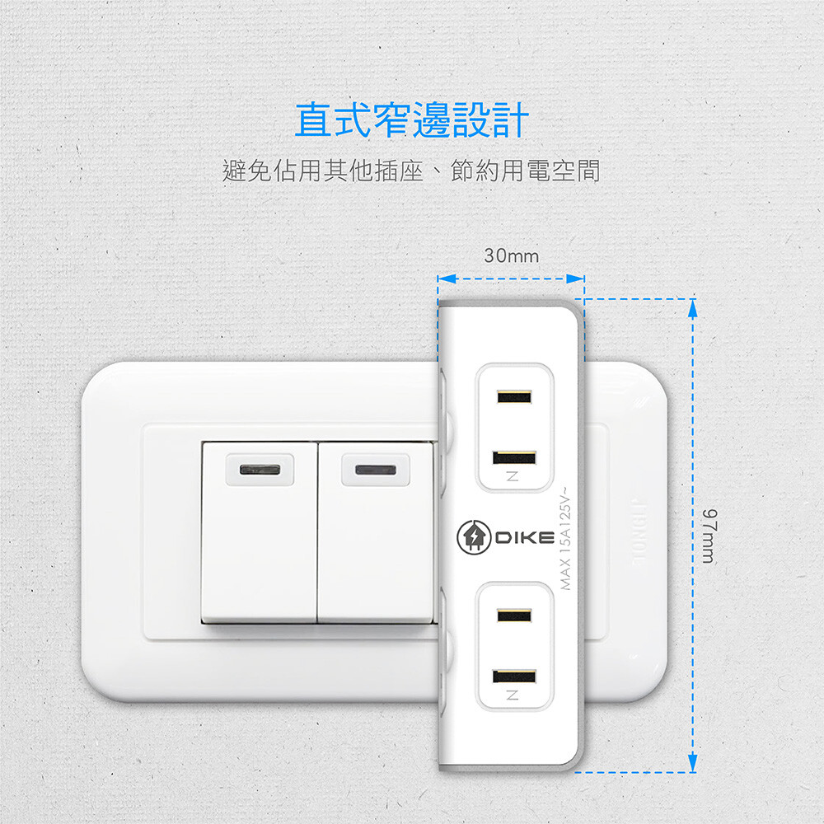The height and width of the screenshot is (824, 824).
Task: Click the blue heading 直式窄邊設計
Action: pos(411,120)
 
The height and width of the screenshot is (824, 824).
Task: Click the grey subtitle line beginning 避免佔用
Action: pos(411,171)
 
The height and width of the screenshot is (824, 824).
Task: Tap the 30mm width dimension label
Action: pos(511,256)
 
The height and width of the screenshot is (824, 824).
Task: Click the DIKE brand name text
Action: pos(524,538)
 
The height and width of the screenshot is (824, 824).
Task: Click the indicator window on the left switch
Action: pos(260,470)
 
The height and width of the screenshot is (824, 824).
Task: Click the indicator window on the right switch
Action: pos(375,470)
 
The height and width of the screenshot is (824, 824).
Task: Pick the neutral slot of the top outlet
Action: pos(514,457)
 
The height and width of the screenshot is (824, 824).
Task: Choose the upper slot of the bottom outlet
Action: pos(514,616)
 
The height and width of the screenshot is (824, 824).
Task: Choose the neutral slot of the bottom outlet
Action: pos(514,677)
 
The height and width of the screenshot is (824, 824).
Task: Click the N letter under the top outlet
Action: pos(513,477)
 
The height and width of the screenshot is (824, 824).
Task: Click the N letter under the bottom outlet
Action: pos(513,697)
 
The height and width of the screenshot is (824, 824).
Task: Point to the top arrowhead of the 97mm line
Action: pos(693,307)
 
